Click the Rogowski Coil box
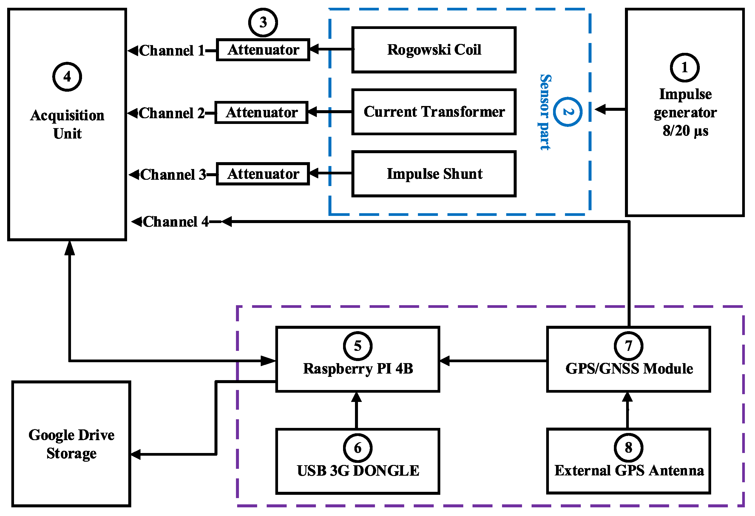point(434,50)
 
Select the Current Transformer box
point(434,112)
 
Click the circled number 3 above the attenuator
point(263,22)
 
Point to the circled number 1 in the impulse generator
point(685,67)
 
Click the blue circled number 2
point(568,112)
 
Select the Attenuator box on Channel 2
point(261,113)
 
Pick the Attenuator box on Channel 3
point(263,174)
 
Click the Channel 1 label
point(172,51)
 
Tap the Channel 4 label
point(175,222)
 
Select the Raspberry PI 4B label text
point(358,369)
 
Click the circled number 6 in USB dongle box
point(357,448)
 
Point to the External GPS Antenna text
point(629,471)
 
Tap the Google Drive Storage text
point(71,444)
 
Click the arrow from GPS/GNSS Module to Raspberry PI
point(492,361)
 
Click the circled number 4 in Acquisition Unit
point(67,77)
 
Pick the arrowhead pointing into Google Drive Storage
point(136,454)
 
